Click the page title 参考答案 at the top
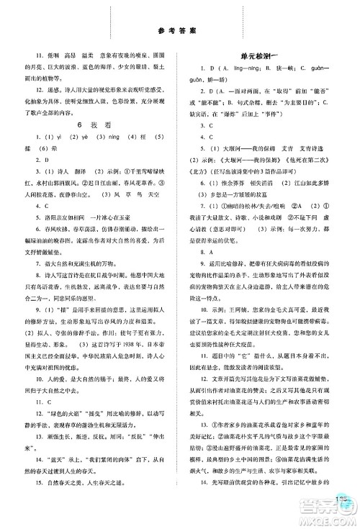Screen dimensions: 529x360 [x=179, y=30]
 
